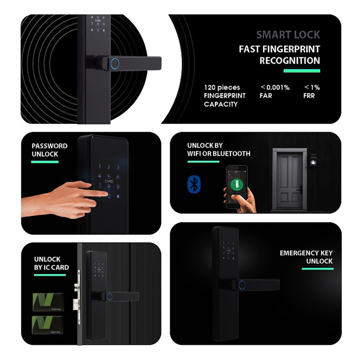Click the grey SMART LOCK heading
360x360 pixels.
pyautogui.click(x=288, y=35)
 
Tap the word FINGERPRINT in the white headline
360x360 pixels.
pyautogui.click(x=291, y=49)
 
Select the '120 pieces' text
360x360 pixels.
pyautogui.click(x=222, y=87)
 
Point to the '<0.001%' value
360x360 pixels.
pyautogui.click(x=275, y=87)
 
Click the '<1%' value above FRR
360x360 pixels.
pyautogui.click(x=312, y=87)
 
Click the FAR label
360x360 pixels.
pyautogui.click(x=265, y=96)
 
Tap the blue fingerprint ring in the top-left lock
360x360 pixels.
pyautogui.click(x=115, y=63)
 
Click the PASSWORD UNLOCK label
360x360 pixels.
pyautogui.click(x=49, y=150)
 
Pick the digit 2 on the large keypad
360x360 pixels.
pyautogui.click(x=109, y=167)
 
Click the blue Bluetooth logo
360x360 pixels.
pyautogui.click(x=194, y=184)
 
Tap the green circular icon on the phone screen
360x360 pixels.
pyautogui.click(x=237, y=184)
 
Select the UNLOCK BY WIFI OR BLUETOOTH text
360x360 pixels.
pyautogui.click(x=219, y=149)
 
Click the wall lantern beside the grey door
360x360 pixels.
pyautogui.click(x=313, y=160)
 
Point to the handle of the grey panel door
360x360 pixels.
pyautogui.click(x=300, y=189)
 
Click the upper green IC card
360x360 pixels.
pyautogui.click(x=48, y=302)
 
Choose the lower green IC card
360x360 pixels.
pyautogui.click(x=48, y=325)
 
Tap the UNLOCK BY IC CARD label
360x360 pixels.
pyautogui.click(x=51, y=263)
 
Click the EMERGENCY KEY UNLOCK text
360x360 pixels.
pyautogui.click(x=306, y=257)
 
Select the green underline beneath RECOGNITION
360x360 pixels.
pyautogui.click(x=301, y=71)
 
